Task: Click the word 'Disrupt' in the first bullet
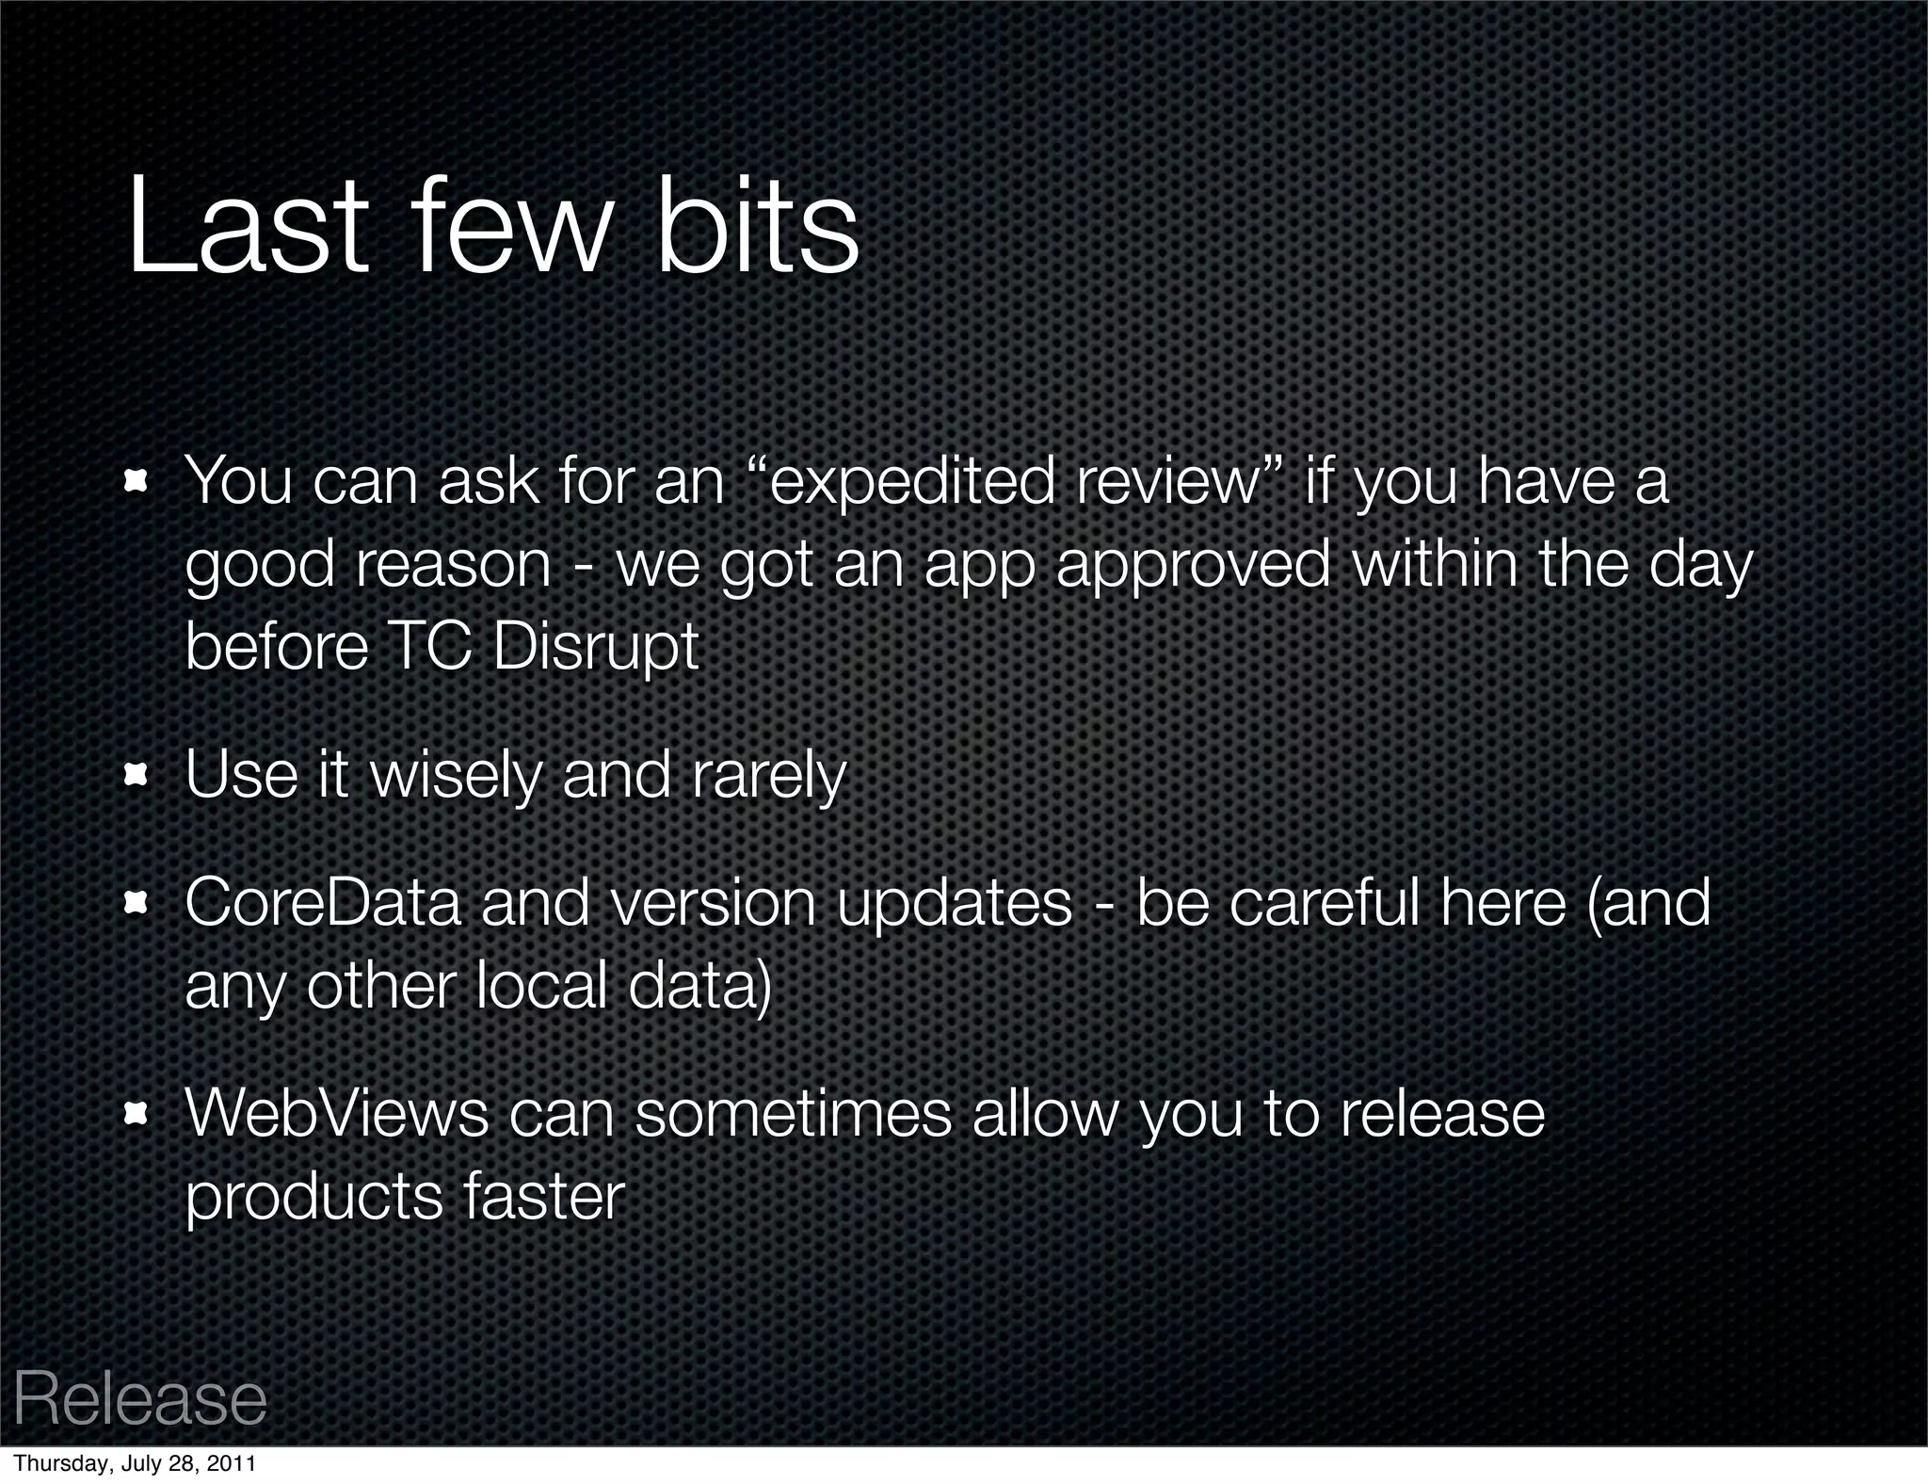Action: point(595,648)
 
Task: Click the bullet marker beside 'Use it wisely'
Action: point(137,775)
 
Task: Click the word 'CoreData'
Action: point(323,902)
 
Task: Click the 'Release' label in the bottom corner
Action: point(140,1400)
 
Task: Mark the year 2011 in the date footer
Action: point(233,1464)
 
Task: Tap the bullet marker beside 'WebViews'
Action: point(137,1114)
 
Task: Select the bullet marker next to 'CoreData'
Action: point(137,903)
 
